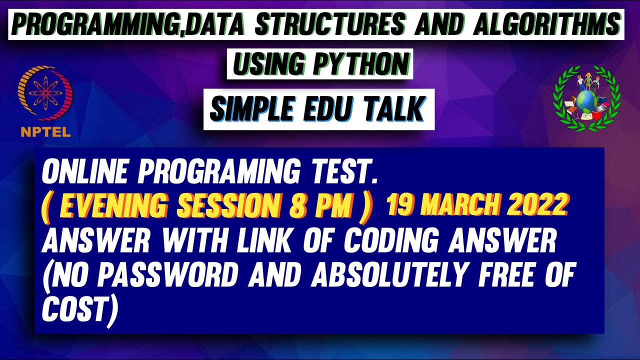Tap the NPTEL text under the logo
click(45, 132)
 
